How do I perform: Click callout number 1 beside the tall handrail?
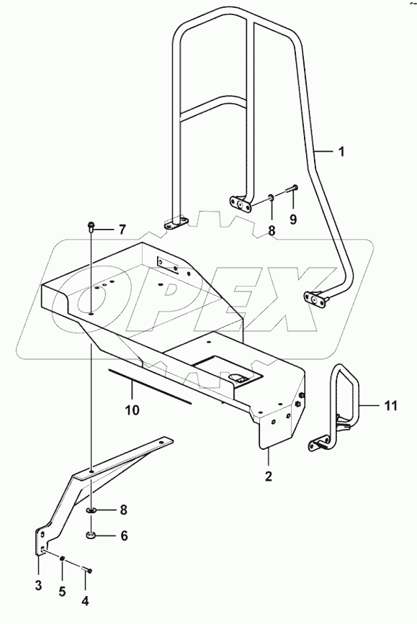(x=341, y=152)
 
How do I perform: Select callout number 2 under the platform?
(x=268, y=476)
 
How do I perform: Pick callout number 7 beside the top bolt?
(x=122, y=230)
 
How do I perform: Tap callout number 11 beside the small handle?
(x=390, y=407)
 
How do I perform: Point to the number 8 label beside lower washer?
(x=123, y=510)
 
